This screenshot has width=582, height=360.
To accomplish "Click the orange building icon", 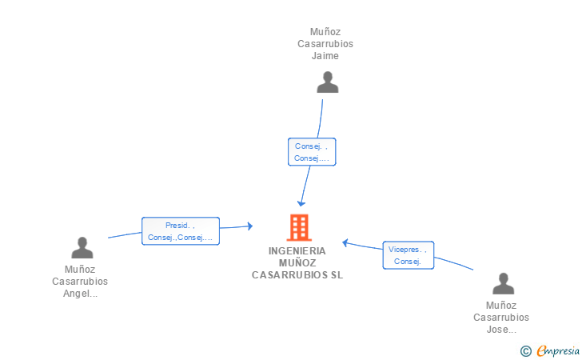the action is tap(299, 227).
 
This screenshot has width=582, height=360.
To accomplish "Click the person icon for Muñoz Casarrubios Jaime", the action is tap(328, 82).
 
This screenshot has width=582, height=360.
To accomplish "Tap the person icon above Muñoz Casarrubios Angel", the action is tap(82, 247).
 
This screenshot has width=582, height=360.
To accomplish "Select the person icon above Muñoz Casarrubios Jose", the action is tap(504, 283).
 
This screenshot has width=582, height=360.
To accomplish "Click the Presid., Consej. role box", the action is tap(181, 231).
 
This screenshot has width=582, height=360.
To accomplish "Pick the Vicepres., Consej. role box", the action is tap(409, 255).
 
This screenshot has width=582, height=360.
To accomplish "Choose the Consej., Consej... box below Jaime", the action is tap(312, 152).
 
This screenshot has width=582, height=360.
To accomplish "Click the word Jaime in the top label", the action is tap(325, 56).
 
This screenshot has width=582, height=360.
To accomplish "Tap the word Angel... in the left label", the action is tap(80, 294).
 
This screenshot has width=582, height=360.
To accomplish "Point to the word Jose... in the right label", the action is tap(501, 330).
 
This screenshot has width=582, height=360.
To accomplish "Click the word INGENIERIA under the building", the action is tap(297, 251).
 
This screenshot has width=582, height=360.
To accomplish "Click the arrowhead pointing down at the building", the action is tap(301, 203).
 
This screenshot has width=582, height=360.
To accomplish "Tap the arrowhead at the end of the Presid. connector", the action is tap(250, 226).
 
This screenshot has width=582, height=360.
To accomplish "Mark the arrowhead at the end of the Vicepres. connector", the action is tap(345, 243).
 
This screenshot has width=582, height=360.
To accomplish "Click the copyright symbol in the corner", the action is tap(525, 351).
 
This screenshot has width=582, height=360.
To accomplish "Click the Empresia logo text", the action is tap(558, 351).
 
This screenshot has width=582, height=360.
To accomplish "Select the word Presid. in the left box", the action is tap(177, 225).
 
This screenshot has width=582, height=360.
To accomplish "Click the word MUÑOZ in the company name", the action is tap(297, 262).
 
